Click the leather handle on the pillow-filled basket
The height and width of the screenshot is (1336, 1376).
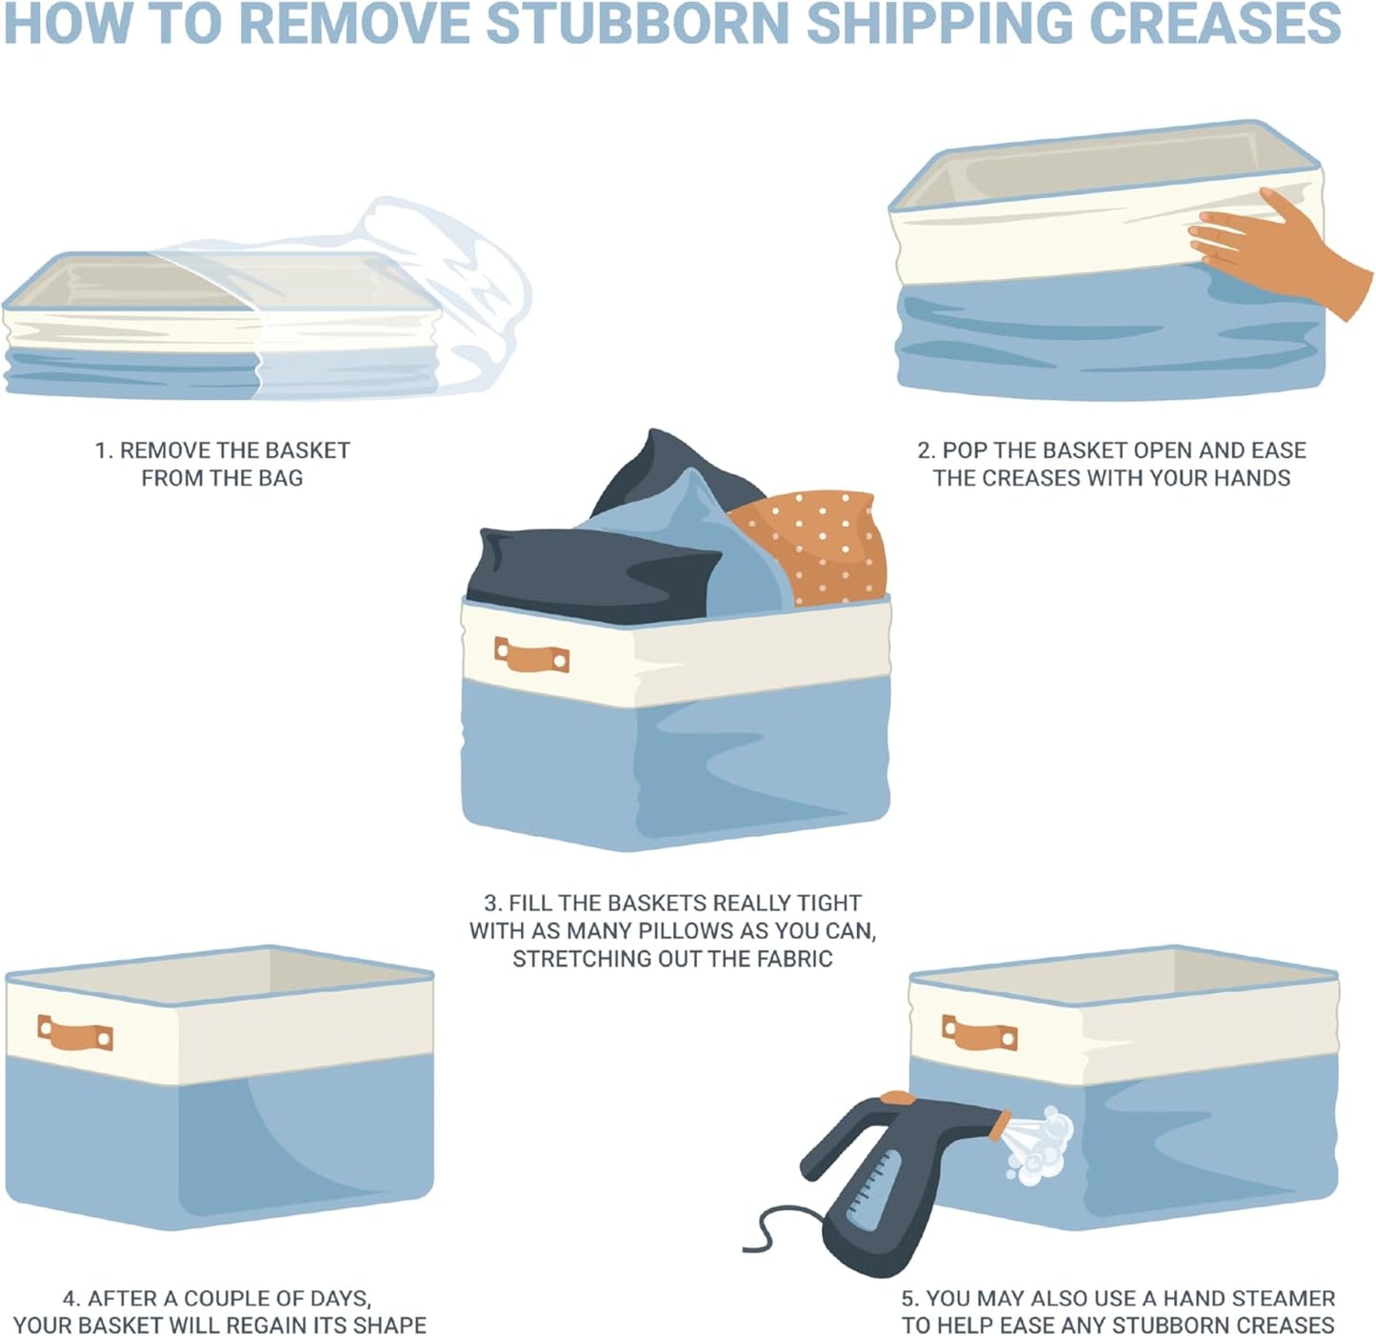point(531,656)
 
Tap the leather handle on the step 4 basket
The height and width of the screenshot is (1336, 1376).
point(75,1034)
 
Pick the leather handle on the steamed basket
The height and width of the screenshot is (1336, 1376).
point(979,1033)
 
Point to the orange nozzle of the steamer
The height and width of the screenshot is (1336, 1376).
point(1000,1126)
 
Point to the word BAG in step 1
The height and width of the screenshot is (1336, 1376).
point(281,478)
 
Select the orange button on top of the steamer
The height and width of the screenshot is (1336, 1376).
point(897,1098)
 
